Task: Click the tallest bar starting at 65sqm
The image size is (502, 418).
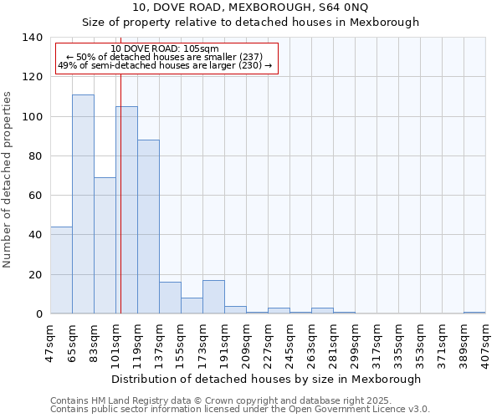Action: point(83,204)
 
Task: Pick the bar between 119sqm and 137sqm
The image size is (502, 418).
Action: point(148,227)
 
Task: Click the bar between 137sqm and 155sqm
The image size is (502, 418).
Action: point(170,298)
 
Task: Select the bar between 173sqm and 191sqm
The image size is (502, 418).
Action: point(213,297)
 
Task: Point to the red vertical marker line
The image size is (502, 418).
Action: point(120,192)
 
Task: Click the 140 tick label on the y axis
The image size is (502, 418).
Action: point(32,38)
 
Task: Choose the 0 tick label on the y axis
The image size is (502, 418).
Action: point(38,314)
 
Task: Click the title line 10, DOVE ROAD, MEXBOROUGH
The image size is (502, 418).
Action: point(250,8)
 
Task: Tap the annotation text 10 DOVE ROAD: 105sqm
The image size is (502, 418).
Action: point(165,49)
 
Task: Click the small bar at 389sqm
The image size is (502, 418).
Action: point(474,313)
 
